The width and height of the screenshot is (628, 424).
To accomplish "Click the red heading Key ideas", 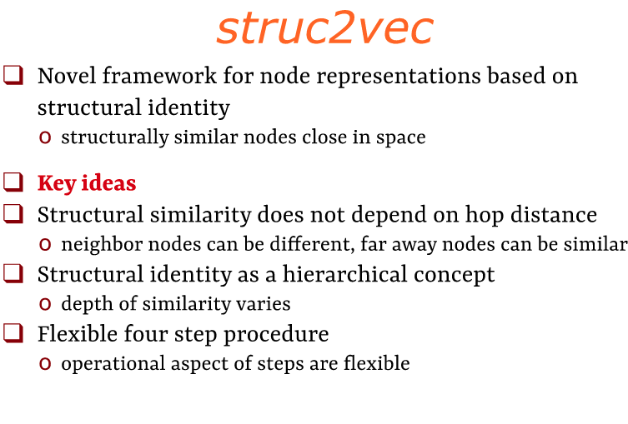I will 87,183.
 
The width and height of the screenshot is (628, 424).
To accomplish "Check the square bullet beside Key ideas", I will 13,182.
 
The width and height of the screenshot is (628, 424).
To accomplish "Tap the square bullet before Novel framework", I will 13,76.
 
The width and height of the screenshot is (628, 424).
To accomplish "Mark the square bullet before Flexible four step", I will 13,333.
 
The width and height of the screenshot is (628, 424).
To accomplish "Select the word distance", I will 555,214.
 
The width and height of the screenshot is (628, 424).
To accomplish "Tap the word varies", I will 263,304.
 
